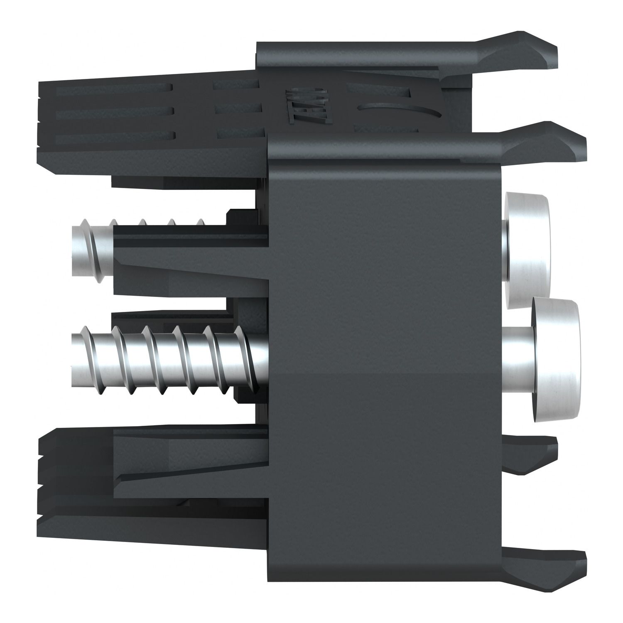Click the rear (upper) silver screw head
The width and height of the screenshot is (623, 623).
[x=527, y=249]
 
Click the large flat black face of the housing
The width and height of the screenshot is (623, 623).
[x=386, y=332]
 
